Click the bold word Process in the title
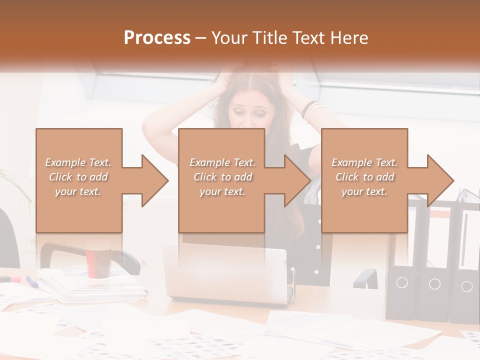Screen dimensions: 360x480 [x=157, y=38]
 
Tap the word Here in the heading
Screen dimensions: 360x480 [x=349, y=38]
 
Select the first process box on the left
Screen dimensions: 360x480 [x=78, y=180]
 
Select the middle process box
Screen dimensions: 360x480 [x=221, y=180]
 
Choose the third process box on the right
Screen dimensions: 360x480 [x=364, y=180]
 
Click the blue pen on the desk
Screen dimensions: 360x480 [x=32, y=281]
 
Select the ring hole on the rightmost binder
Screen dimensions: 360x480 [x=466, y=286]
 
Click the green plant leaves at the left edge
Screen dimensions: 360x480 [x=9, y=182]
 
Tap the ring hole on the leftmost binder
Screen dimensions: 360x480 [x=402, y=282]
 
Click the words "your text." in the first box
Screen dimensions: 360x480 [x=78, y=191]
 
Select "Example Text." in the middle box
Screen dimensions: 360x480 [x=222, y=162]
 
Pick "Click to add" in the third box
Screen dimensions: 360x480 [x=365, y=177]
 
